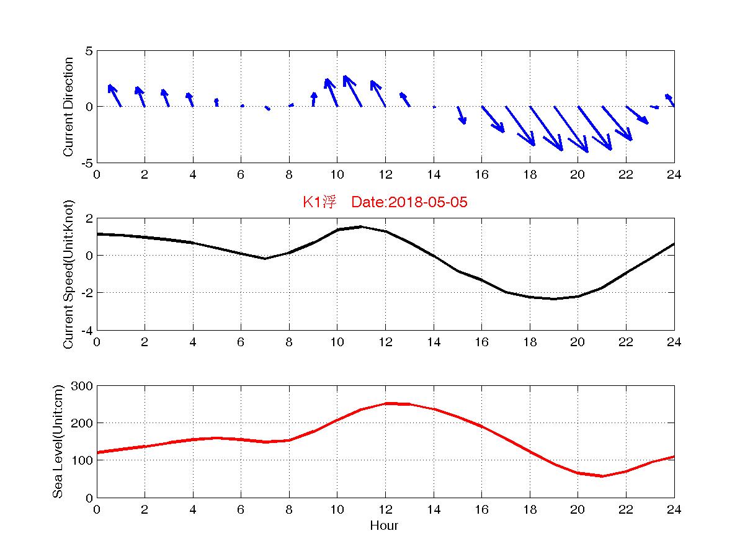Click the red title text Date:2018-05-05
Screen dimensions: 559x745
409,202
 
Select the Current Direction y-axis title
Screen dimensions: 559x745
69,107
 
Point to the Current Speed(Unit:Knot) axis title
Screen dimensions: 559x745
69,274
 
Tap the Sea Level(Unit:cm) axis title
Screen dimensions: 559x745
58,442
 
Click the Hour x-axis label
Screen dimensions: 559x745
384,526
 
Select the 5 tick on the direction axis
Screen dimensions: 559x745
89,51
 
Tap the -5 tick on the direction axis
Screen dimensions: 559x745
87,163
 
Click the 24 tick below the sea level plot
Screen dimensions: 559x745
674,509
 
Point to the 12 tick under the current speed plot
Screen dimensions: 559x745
385,342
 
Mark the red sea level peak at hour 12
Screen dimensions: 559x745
386,404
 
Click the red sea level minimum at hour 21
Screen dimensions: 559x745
602,476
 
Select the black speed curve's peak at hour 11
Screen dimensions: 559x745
362,227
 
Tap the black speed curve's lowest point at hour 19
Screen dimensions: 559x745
554,298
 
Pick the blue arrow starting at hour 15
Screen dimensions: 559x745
462,115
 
